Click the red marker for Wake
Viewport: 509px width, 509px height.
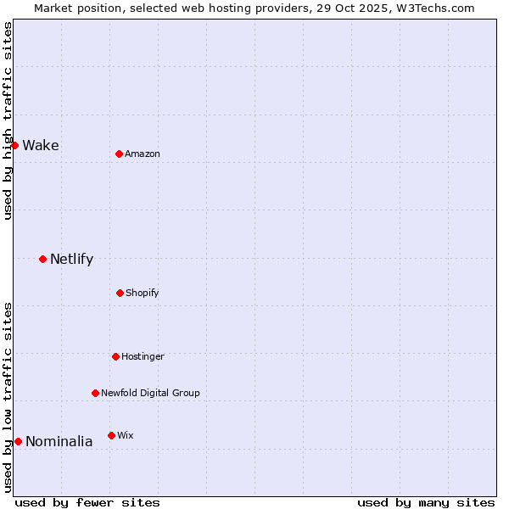[14, 145]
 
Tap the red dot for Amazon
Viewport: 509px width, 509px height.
[119, 154]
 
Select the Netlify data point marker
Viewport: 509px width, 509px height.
[42, 259]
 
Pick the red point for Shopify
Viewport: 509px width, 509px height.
[120, 293]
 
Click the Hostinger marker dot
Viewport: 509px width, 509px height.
[115, 356]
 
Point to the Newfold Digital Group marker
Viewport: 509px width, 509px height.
[95, 393]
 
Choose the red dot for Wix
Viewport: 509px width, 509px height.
[111, 435]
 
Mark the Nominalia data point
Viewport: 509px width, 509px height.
[18, 441]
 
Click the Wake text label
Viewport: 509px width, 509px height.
[41, 145]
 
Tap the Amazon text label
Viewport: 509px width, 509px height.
[143, 154]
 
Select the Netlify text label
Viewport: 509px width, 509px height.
[71, 259]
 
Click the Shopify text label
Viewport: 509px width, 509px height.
[143, 293]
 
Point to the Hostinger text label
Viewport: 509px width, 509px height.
[143, 356]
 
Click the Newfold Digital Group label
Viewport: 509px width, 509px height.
[150, 393]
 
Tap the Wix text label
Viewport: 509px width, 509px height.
[126, 435]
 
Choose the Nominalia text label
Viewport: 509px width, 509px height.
[59, 441]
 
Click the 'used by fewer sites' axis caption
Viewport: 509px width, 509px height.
[87, 502]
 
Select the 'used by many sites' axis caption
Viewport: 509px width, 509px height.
[426, 502]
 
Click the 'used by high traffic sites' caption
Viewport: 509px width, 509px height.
[8, 120]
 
